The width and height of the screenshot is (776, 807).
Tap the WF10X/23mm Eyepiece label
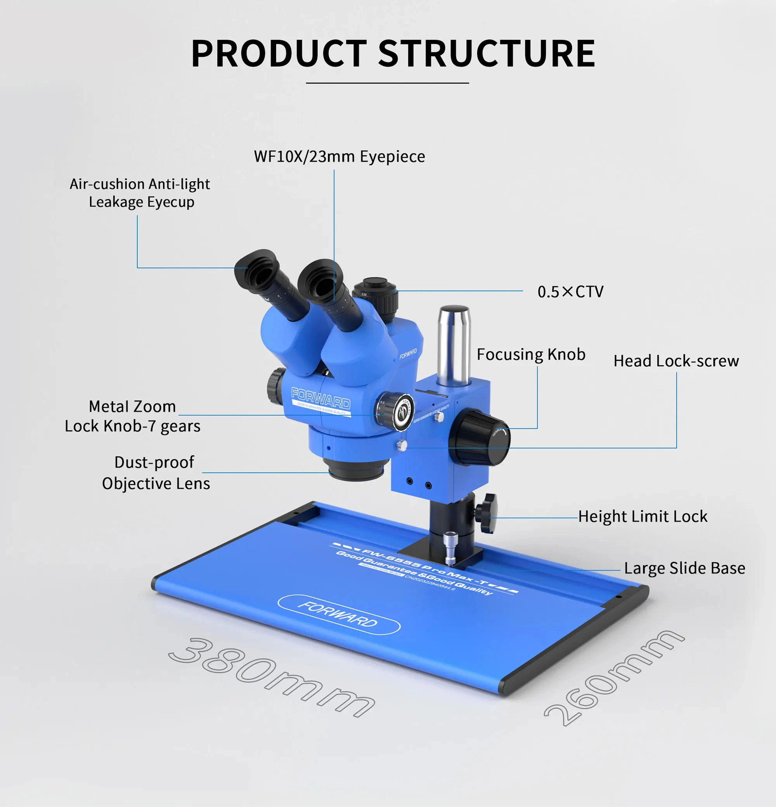tap(339, 157)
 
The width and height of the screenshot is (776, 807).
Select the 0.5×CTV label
tap(570, 292)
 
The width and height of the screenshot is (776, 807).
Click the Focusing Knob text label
tap(531, 355)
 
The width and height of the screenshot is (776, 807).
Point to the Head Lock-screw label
tap(676, 361)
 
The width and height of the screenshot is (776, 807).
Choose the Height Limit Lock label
tap(642, 516)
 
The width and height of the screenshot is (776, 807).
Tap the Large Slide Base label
tap(684, 568)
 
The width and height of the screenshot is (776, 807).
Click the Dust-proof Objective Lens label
tap(156, 472)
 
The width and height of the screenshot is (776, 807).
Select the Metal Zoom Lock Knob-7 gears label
tap(132, 416)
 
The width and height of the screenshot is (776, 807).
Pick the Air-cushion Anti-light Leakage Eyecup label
tap(140, 193)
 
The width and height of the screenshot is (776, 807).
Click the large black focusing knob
tap(480, 439)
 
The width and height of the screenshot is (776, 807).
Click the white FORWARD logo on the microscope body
tap(320, 397)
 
